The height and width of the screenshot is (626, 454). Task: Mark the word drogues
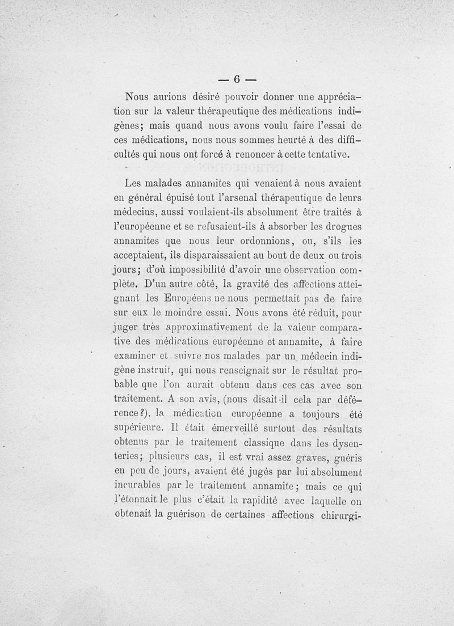342,226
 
